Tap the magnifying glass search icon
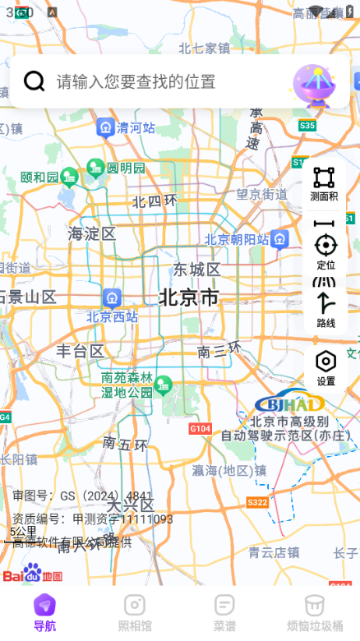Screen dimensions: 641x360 click(34, 81)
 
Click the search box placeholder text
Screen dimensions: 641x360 click(136, 81)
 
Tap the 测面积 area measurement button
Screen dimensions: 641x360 click(325, 183)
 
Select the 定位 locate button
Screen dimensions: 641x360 click(325, 251)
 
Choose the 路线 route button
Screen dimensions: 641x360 click(325, 309)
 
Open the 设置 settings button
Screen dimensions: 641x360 click(325, 367)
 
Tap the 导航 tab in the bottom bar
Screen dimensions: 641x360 click(45, 612)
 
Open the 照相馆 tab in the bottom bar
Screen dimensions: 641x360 click(135, 612)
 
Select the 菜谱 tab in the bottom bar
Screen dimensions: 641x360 click(224, 612)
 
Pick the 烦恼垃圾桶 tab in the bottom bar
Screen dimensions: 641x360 click(315, 612)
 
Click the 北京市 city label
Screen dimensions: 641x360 click(189, 297)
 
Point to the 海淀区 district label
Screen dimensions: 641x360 click(92, 233)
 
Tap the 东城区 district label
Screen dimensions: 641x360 click(196, 270)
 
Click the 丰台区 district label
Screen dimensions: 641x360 click(80, 351)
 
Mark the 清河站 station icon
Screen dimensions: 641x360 click(106, 127)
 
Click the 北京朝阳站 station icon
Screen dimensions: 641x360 click(280, 239)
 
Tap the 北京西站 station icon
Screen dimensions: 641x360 click(113, 297)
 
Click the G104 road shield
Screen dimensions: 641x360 click(200, 428)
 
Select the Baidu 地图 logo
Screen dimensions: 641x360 click(33, 573)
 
